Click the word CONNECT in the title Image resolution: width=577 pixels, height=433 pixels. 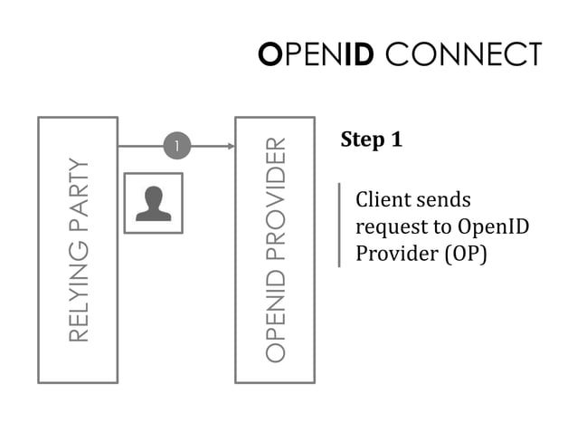point(463,54)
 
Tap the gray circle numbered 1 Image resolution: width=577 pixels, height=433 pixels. point(177,145)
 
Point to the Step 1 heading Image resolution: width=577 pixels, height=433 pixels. point(371,140)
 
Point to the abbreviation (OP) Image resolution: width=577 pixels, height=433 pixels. point(465,255)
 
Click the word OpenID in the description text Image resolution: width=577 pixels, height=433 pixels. point(494,227)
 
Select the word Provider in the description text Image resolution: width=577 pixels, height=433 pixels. point(393,255)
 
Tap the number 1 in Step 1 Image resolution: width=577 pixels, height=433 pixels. point(395,140)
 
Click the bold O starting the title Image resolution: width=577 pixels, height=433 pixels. point(270,54)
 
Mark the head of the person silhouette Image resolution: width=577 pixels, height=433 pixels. point(153,195)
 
